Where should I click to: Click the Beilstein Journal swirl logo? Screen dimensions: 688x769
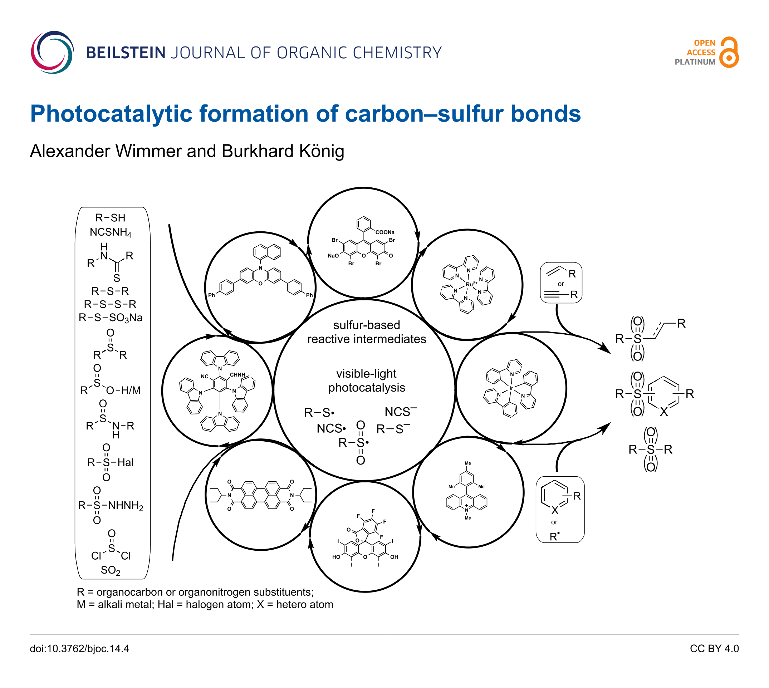coord(52,52)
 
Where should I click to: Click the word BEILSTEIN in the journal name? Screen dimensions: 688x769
coord(126,53)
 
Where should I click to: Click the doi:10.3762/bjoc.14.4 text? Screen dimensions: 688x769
coord(79,649)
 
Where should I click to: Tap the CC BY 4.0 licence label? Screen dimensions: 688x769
coord(714,649)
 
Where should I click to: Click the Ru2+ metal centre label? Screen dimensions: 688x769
coord(471,284)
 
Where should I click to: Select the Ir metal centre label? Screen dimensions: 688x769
coord(511,388)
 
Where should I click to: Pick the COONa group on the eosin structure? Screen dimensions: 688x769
coord(384,232)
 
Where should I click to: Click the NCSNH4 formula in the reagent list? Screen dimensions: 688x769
coord(111,232)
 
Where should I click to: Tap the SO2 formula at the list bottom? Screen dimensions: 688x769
coord(111,570)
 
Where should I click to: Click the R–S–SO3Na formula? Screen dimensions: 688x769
coord(111,318)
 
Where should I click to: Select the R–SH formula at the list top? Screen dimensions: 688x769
coord(110,218)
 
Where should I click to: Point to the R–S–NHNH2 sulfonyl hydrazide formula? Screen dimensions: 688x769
coord(111,505)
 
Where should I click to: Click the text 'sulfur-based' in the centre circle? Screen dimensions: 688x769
coord(366,325)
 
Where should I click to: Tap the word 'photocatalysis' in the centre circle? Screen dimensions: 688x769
coord(366,388)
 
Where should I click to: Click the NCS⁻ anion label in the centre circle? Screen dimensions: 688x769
coord(400,411)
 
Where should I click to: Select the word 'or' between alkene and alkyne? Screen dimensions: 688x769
coord(561,284)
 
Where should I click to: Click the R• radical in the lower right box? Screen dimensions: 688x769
coord(554,536)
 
